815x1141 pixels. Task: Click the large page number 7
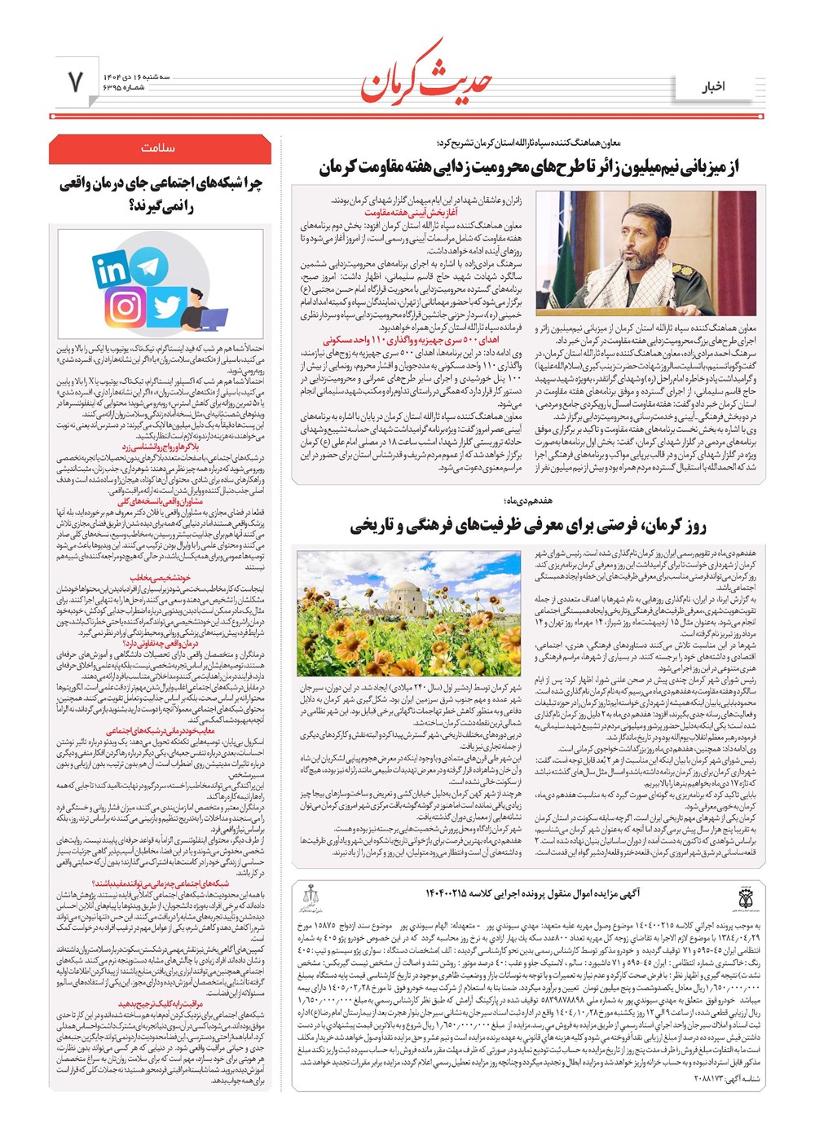click(x=75, y=81)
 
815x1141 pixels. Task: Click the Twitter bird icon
click(x=166, y=307)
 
